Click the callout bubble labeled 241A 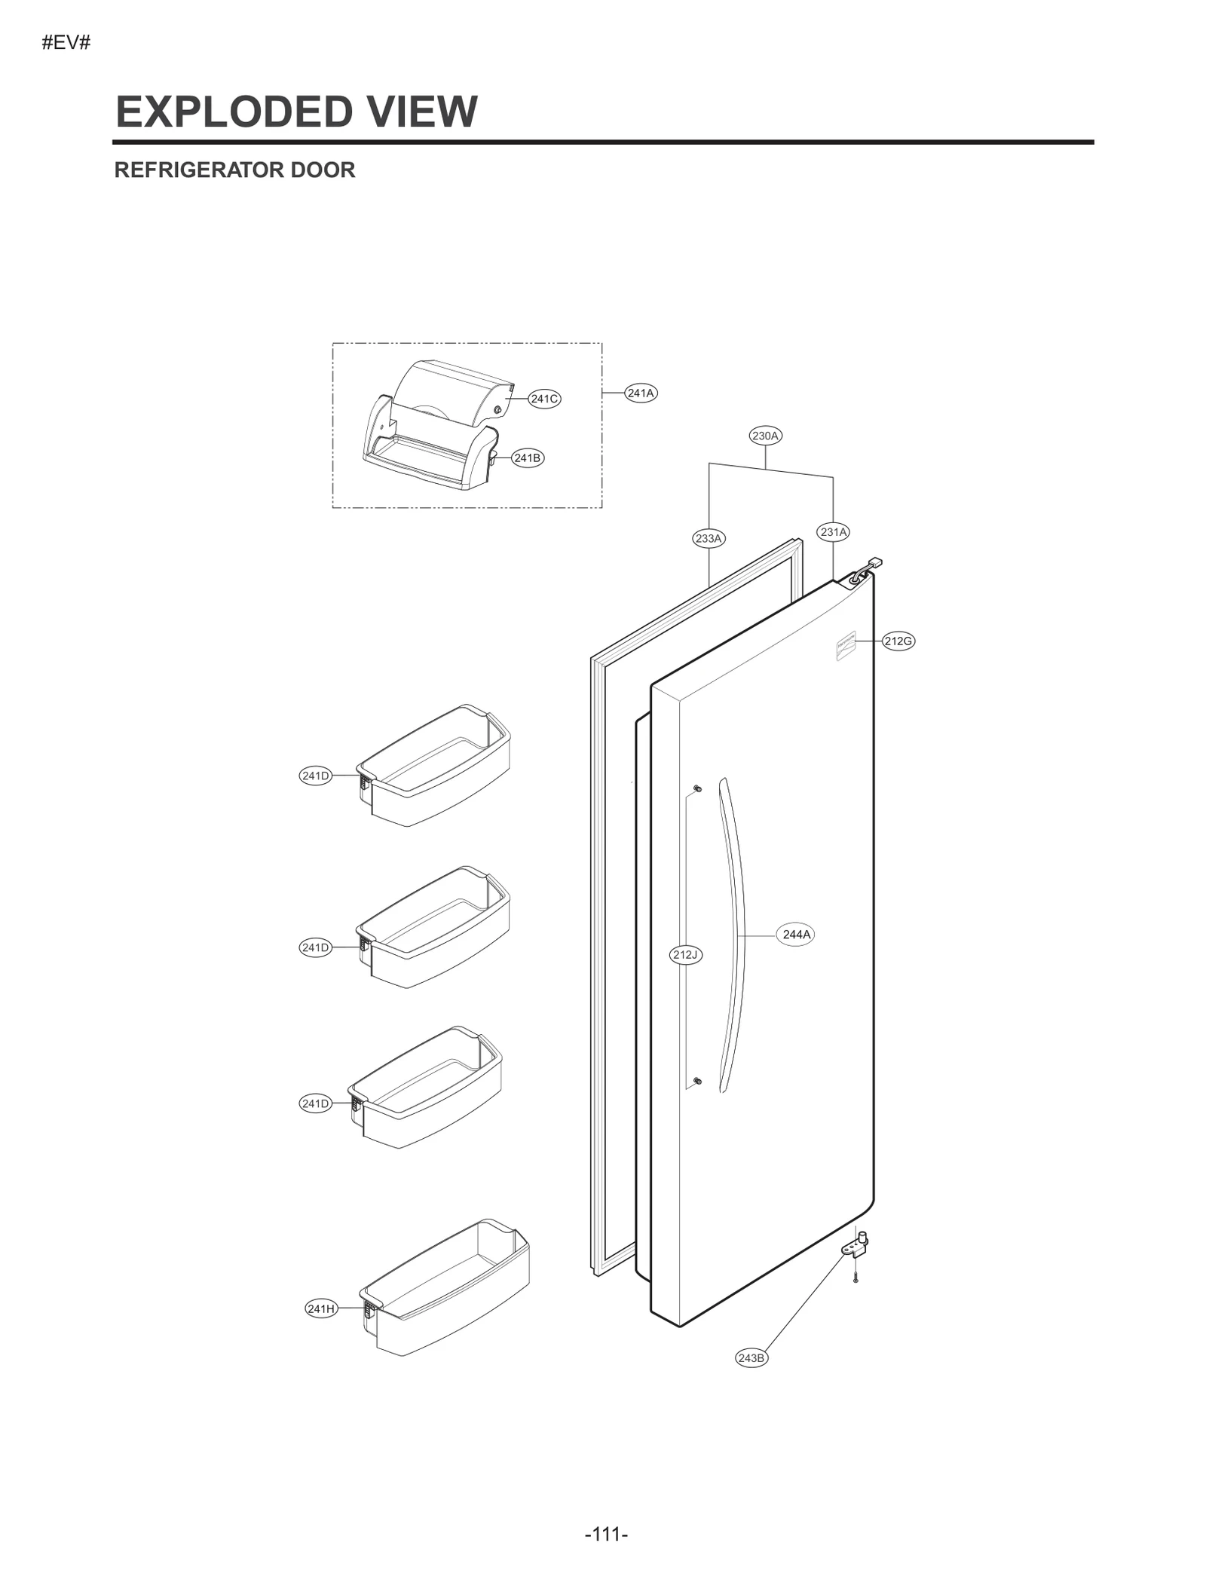click(x=641, y=393)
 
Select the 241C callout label click(x=544, y=399)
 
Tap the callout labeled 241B click(x=527, y=458)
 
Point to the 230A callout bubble click(x=765, y=436)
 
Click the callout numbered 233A click(x=709, y=538)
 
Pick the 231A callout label click(x=833, y=532)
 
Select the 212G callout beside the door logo click(x=898, y=641)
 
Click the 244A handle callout click(x=796, y=935)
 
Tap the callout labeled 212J click(x=686, y=955)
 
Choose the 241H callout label click(x=321, y=1308)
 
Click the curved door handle click(x=732, y=935)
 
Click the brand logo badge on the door click(x=846, y=647)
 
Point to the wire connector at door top click(x=874, y=563)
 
